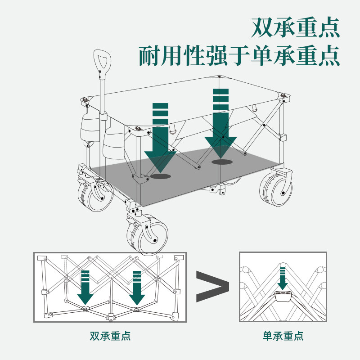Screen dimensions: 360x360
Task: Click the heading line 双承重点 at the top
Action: tap(294, 28)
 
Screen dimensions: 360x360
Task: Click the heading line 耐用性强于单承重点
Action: tap(239, 55)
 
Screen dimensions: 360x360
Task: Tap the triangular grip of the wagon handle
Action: tap(101, 61)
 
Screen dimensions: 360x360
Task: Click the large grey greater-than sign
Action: tap(212, 287)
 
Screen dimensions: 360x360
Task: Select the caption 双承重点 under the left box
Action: tap(110, 336)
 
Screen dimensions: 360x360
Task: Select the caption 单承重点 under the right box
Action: tap(283, 336)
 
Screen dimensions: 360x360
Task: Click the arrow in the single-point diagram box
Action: tap(283, 278)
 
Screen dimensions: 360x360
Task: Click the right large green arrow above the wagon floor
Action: tap(220, 121)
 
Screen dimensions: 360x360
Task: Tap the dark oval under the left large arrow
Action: tap(160, 176)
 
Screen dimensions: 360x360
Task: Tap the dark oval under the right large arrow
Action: tap(221, 161)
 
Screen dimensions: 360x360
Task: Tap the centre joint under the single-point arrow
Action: tap(283, 295)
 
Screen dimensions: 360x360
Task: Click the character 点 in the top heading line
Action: tap(326, 28)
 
